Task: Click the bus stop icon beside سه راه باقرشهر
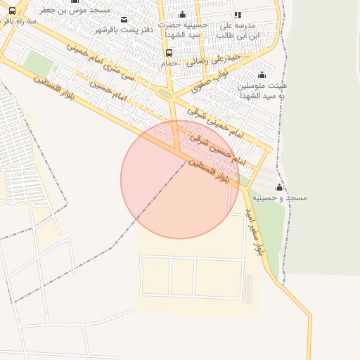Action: coord(13,11)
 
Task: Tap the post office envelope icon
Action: coord(124,19)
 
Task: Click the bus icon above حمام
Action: coord(169,53)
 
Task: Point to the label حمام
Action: coord(169,63)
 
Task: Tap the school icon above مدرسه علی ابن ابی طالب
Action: coord(238,15)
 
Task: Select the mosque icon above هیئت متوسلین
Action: coord(262,75)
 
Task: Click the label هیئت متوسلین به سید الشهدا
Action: coord(262,89)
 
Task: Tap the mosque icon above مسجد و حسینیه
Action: coord(279,188)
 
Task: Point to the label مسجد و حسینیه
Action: coord(281,199)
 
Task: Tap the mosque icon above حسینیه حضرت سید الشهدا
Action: coord(183,15)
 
